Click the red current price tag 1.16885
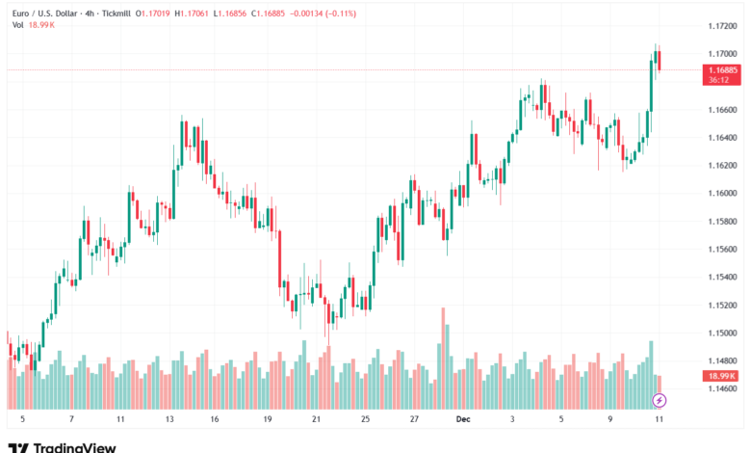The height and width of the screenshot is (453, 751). coord(722,70)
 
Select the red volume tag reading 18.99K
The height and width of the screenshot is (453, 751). coord(721,376)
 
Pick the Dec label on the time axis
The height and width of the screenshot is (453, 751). coord(462,420)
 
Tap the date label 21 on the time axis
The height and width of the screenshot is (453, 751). coord(316,420)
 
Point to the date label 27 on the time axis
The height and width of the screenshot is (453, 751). coord(413,420)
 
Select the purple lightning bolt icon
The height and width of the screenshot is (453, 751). coord(659,399)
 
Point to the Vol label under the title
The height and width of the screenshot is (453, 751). coord(17,25)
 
